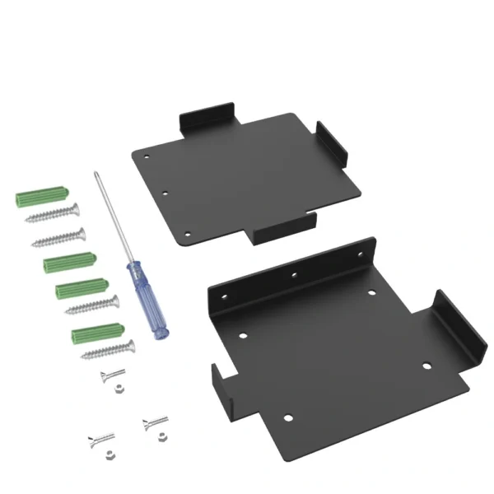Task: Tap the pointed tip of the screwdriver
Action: (96, 172)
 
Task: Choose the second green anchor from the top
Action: (69, 263)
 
